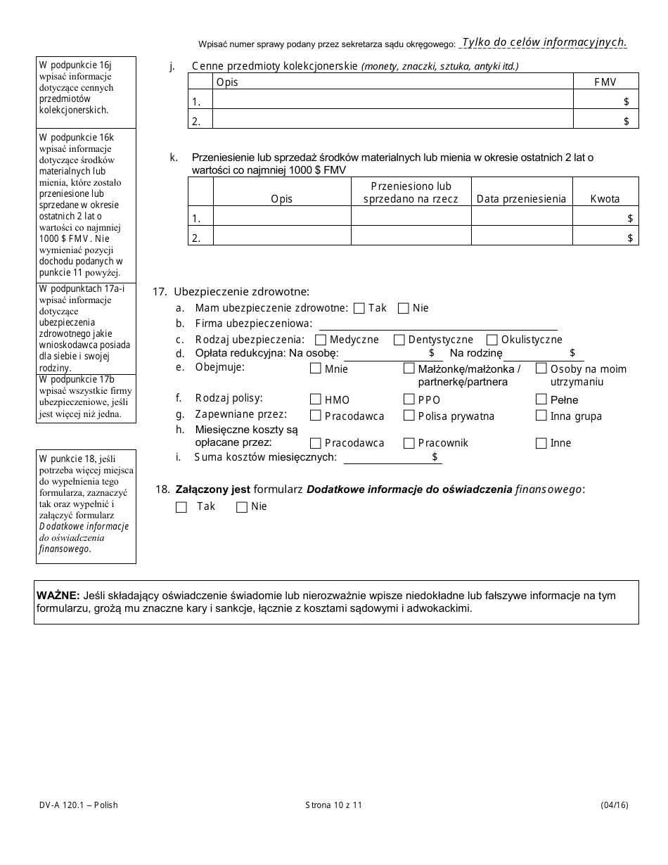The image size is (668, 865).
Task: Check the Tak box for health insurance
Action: point(359,308)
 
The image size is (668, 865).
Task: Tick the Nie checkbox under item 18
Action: point(242,506)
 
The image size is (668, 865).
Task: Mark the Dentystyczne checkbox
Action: point(399,340)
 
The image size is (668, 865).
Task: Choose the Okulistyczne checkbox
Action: point(492,340)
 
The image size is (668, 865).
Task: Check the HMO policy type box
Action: point(316,399)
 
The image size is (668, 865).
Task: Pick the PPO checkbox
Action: point(409,399)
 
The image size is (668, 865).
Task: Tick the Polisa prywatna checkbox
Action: point(409,416)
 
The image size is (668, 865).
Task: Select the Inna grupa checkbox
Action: point(541,416)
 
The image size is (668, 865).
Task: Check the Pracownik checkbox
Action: point(409,443)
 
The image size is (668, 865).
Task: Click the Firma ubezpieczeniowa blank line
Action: point(437,323)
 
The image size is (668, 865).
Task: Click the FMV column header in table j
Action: point(605,82)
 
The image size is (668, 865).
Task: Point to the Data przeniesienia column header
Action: point(521,199)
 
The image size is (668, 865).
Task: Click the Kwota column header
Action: point(605,199)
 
